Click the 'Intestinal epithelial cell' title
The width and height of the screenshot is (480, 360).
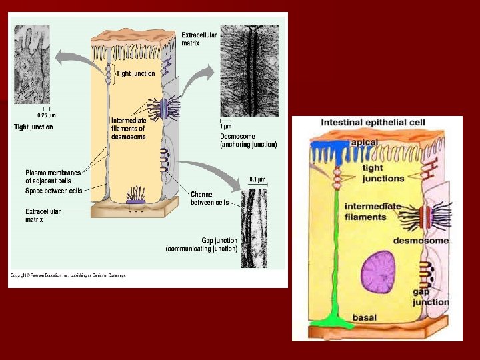pos(373,123)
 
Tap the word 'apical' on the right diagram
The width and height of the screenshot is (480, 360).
pos(365,143)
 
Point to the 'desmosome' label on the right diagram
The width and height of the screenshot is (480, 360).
pos(420,241)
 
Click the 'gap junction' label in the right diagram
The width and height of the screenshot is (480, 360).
pos(430,297)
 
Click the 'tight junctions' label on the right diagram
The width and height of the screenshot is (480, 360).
pos(383,173)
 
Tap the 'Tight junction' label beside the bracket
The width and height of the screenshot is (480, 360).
pos(136,74)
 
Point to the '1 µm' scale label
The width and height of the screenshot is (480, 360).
pos(227,126)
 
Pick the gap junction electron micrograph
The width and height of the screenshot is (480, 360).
pos(254,227)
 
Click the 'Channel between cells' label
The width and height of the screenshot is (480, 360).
pos(209,199)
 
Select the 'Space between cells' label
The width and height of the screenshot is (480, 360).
pos(53,191)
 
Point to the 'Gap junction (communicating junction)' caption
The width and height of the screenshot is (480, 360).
pos(201,244)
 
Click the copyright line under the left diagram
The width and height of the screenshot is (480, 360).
pos(67,275)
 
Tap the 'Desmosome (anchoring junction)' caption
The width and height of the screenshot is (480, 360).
pos(248,140)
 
